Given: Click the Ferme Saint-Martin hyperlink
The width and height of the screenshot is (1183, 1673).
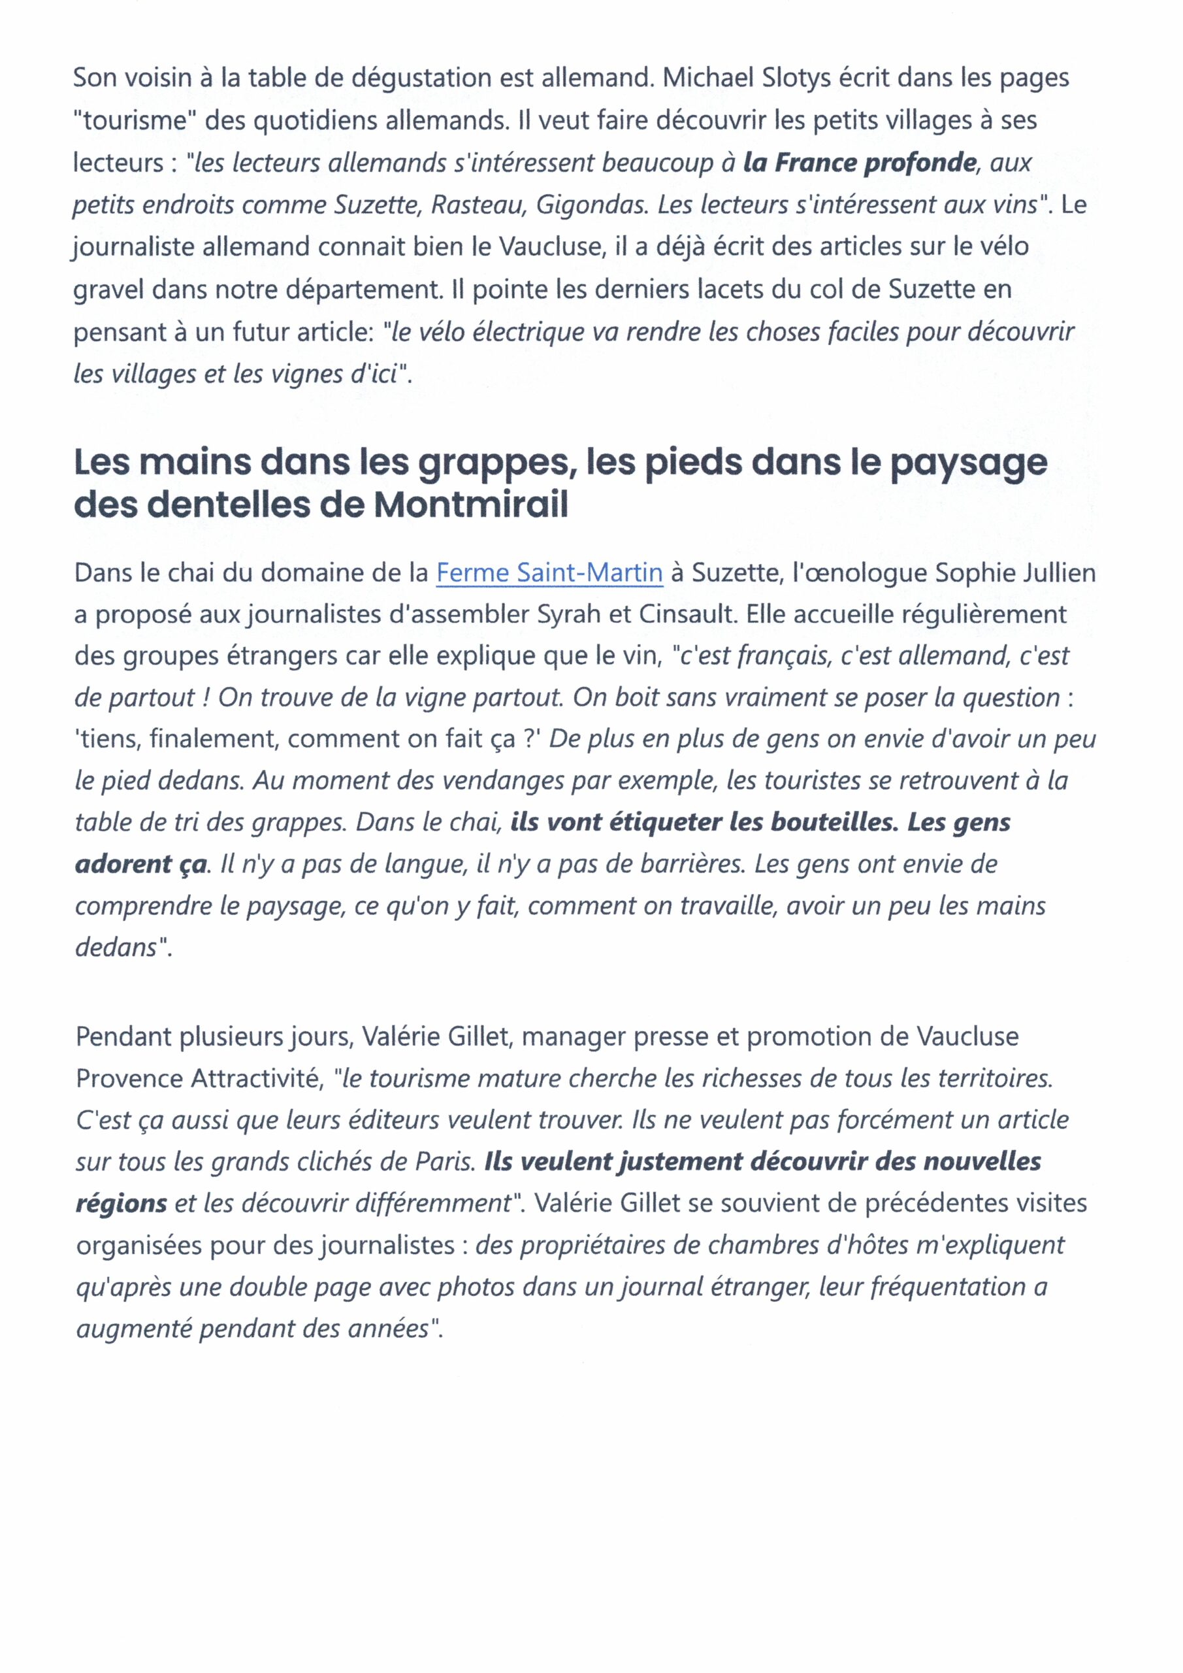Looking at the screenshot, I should (x=549, y=572).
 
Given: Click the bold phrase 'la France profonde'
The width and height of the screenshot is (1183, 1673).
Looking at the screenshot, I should (x=859, y=163).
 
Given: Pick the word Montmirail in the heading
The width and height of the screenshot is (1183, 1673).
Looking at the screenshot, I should (x=470, y=505).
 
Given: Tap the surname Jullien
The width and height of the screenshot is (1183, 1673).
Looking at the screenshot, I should (x=1059, y=572).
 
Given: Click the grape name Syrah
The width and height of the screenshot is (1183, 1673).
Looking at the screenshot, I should (x=568, y=614).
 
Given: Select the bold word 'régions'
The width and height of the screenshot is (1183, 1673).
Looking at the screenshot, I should (x=122, y=1203).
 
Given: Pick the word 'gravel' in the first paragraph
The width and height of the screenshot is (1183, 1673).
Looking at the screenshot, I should (x=108, y=290).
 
